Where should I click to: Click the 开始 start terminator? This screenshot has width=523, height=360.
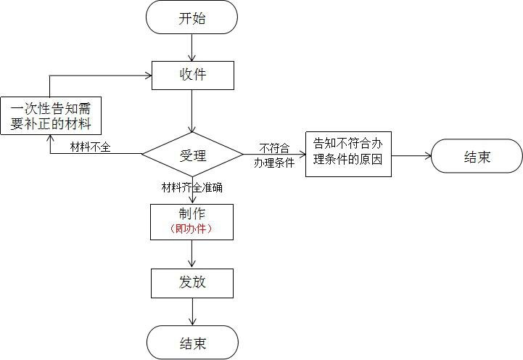[x=192, y=17]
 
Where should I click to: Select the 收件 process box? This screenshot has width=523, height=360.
[x=192, y=75]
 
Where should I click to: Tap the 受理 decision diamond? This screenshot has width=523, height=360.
[x=192, y=155]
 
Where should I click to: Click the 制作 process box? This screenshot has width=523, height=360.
[x=192, y=221]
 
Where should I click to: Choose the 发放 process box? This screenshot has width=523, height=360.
[x=192, y=282]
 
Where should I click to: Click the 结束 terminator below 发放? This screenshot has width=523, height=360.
[x=192, y=343]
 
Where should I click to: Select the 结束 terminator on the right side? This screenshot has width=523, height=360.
[x=477, y=156]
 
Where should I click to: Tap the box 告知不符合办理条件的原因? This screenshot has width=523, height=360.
[x=348, y=154]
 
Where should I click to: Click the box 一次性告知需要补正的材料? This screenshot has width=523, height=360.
[x=50, y=116]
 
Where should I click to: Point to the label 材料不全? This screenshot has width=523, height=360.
[x=90, y=147]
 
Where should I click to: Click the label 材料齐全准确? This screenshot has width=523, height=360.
[x=192, y=187]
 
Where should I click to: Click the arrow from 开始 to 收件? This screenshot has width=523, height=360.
[x=192, y=47]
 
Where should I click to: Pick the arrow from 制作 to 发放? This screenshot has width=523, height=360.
[x=192, y=254]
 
